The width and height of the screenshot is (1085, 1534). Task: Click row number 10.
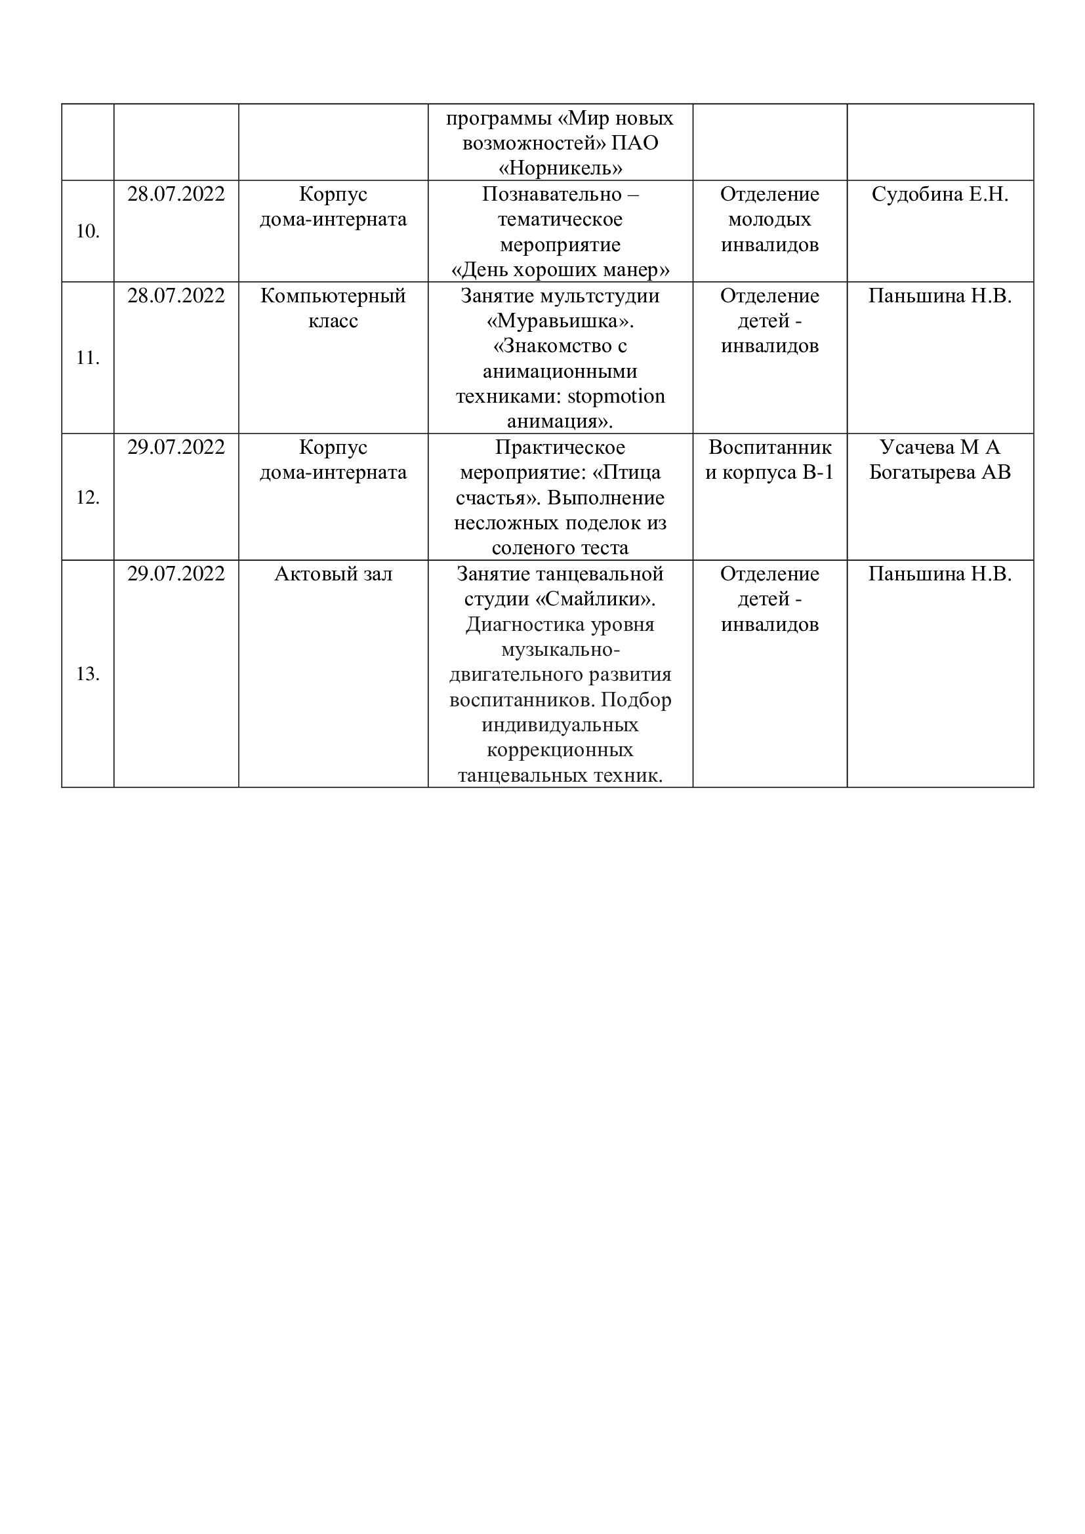click(87, 232)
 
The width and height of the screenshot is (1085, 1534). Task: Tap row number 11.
click(87, 358)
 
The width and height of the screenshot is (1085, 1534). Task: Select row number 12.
click(87, 498)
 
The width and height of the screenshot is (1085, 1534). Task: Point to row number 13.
click(87, 674)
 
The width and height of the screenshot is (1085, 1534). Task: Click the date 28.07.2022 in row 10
click(176, 194)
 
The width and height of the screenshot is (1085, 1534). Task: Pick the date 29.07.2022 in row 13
click(176, 574)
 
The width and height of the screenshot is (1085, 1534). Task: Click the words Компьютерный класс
click(333, 308)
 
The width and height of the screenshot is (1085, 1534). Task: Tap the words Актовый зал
click(333, 574)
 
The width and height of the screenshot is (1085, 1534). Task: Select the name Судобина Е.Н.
click(939, 194)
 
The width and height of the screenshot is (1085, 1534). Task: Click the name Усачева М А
click(939, 447)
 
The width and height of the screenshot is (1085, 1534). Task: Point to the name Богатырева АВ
click(939, 472)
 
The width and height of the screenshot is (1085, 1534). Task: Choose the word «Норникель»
click(560, 168)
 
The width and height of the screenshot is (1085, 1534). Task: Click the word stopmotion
click(616, 396)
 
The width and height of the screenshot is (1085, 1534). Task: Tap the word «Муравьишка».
click(560, 321)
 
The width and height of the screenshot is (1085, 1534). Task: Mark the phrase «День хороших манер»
click(560, 270)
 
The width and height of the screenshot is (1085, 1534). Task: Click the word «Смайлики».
click(595, 599)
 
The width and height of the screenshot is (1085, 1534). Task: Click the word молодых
click(769, 220)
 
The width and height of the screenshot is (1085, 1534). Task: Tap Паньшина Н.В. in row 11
click(939, 295)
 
